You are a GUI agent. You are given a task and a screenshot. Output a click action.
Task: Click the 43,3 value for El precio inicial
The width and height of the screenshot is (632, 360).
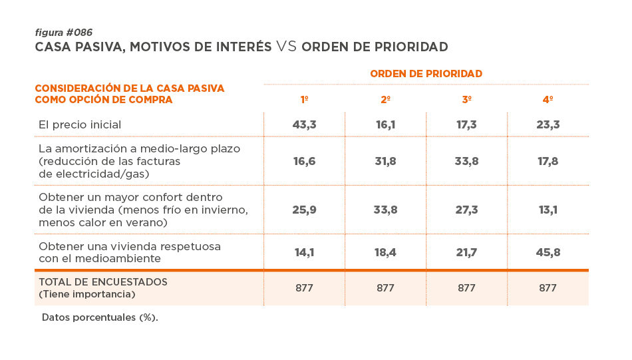(304, 124)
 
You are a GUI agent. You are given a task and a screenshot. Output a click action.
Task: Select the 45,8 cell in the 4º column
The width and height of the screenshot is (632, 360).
(548, 252)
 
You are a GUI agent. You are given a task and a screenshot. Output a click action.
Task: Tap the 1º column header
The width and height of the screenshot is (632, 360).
(304, 100)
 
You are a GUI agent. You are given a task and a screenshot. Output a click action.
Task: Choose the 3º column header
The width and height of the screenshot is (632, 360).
(467, 100)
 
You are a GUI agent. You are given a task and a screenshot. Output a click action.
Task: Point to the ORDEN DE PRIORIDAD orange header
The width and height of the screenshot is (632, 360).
(426, 73)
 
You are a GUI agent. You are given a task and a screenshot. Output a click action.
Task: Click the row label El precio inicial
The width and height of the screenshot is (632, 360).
(80, 124)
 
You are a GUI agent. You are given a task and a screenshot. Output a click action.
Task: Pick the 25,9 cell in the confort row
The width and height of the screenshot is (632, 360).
(304, 209)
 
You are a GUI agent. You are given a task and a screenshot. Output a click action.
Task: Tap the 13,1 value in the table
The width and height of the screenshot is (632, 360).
(548, 209)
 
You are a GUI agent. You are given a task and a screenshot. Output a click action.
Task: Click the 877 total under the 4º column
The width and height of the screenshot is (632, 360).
(548, 288)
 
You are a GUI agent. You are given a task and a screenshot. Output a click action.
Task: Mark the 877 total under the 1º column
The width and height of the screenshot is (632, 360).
(304, 288)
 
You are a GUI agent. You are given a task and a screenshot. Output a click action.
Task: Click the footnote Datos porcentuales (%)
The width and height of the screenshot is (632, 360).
(100, 317)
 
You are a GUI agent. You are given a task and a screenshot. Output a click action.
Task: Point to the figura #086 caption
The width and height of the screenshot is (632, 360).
(63, 33)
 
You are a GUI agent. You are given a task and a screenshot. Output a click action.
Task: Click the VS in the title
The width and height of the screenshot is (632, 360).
(286, 47)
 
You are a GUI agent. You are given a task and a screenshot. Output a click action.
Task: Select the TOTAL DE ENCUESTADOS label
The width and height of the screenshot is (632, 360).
(103, 282)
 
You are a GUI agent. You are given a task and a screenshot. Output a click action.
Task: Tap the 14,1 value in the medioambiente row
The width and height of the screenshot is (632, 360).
(304, 252)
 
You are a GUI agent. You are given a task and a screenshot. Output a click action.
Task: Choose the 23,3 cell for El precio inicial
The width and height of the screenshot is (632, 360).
(548, 124)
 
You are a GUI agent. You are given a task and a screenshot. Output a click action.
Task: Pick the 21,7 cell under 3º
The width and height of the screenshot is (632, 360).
(467, 252)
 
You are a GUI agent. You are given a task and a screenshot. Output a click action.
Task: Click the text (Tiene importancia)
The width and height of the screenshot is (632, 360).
(86, 294)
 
